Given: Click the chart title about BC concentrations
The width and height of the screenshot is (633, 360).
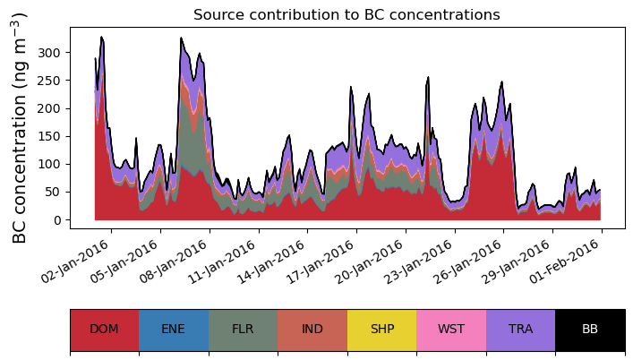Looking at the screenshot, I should pyautogui.click(x=346, y=14).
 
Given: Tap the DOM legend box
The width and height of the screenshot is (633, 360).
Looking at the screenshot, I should pyautogui.click(x=104, y=330).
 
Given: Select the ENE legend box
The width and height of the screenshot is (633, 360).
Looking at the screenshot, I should pyautogui.click(x=174, y=330).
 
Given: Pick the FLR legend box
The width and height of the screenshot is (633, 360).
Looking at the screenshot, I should pyautogui.click(x=243, y=330).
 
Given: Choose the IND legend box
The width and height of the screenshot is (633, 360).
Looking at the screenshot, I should pyautogui.click(x=312, y=330).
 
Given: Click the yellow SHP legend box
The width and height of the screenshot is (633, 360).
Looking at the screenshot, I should pyautogui.click(x=381, y=330).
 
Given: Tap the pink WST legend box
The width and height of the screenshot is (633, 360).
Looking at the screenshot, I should pyautogui.click(x=451, y=330).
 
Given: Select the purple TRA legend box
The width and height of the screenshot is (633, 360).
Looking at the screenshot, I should pyautogui.click(x=520, y=330).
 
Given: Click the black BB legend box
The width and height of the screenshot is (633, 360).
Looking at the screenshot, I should pyautogui.click(x=590, y=330).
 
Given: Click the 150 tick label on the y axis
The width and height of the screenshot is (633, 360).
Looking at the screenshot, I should pyautogui.click(x=53, y=136).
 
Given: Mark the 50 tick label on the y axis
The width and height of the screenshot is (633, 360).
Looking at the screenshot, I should pyautogui.click(x=56, y=193).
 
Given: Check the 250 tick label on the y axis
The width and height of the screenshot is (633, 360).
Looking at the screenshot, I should pyautogui.click(x=53, y=81).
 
